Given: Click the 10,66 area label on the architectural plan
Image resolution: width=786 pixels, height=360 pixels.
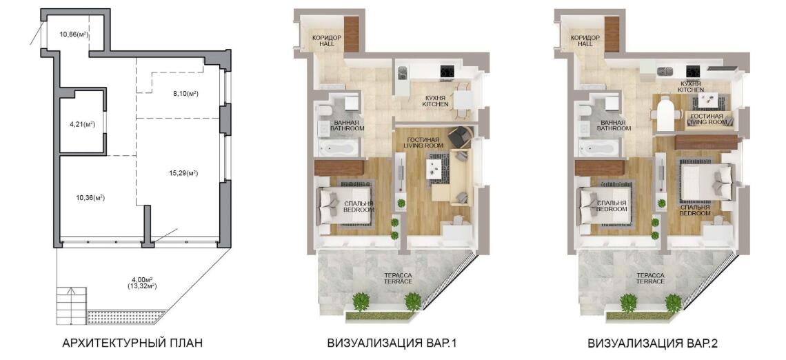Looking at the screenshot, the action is click(x=74, y=34).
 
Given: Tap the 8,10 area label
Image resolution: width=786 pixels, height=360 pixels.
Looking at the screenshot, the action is click(x=185, y=92).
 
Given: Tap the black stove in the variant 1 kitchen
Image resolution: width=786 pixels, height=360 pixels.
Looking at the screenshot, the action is click(x=448, y=71).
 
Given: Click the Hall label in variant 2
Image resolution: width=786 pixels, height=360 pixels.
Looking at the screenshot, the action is click(x=585, y=41).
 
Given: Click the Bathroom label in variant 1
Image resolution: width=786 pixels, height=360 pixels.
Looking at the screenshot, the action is click(x=347, y=125).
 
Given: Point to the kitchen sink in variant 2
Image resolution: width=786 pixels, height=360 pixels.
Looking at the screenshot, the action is click(x=664, y=71).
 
